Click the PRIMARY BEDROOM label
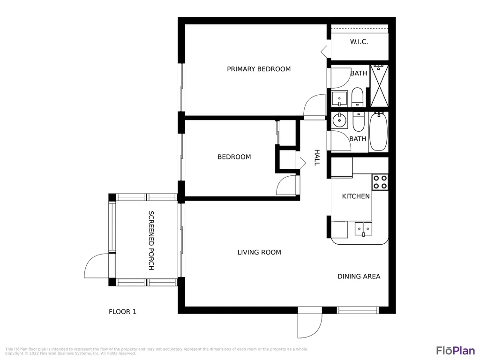tap(259, 69)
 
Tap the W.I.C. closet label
tap(359, 42)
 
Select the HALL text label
tap(316, 157)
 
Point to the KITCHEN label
tap(356, 196)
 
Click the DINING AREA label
tap(359, 277)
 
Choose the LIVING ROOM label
tap(259, 252)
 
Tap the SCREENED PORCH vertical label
tap(151, 240)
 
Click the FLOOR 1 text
tap(122, 311)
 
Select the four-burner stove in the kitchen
tap(380, 181)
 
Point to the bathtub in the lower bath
tap(379, 132)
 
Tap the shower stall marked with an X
tap(379, 86)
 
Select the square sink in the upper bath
tap(339, 99)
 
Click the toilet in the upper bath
tap(358, 97)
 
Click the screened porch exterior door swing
tap(97, 265)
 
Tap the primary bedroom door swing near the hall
tap(315, 106)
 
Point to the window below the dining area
tap(358, 310)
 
